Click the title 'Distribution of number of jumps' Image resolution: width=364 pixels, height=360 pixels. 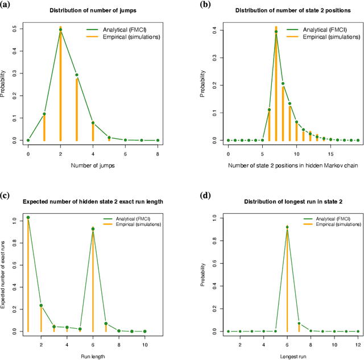tap(93, 10)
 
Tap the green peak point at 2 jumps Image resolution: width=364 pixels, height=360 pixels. tap(60, 30)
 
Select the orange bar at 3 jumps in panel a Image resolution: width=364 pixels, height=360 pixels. tap(77, 108)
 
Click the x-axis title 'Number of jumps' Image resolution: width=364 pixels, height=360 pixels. tap(93, 165)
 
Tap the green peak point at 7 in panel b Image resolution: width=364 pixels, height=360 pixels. tap(276, 32)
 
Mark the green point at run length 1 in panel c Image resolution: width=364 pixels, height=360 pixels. tap(28, 217)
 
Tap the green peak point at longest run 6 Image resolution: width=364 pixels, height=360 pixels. tap(288, 227)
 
